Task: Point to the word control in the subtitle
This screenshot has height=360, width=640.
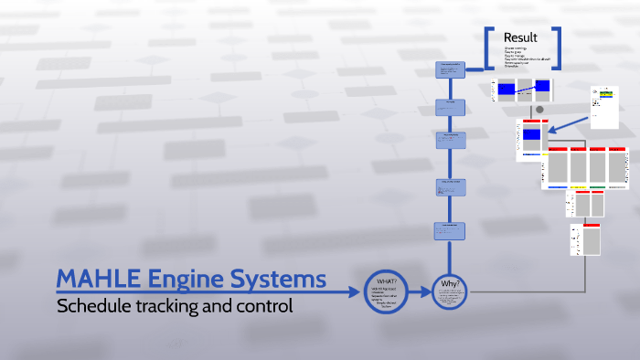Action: [261, 306]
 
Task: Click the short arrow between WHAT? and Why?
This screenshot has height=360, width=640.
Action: [419, 292]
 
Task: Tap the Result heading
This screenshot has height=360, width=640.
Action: [520, 37]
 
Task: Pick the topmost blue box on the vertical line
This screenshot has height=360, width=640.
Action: [450, 70]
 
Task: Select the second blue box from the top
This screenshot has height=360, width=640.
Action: [450, 107]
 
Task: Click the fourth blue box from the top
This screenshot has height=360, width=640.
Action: [451, 187]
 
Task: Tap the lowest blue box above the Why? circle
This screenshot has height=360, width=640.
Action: [451, 231]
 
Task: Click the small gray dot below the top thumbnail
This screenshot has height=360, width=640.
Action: [539, 110]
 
